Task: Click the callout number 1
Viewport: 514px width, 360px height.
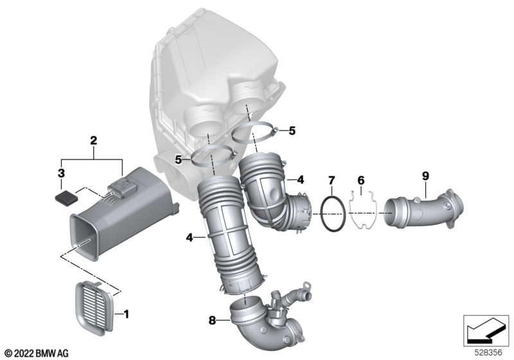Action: [x=126, y=314]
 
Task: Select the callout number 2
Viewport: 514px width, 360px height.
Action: [x=93, y=140]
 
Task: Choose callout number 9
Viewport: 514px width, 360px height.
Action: [x=425, y=175]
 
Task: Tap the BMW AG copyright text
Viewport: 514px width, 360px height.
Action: [x=36, y=353]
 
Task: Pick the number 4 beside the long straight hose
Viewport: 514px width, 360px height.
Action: [x=190, y=237]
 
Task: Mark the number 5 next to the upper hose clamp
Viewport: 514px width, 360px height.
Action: [x=292, y=131]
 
